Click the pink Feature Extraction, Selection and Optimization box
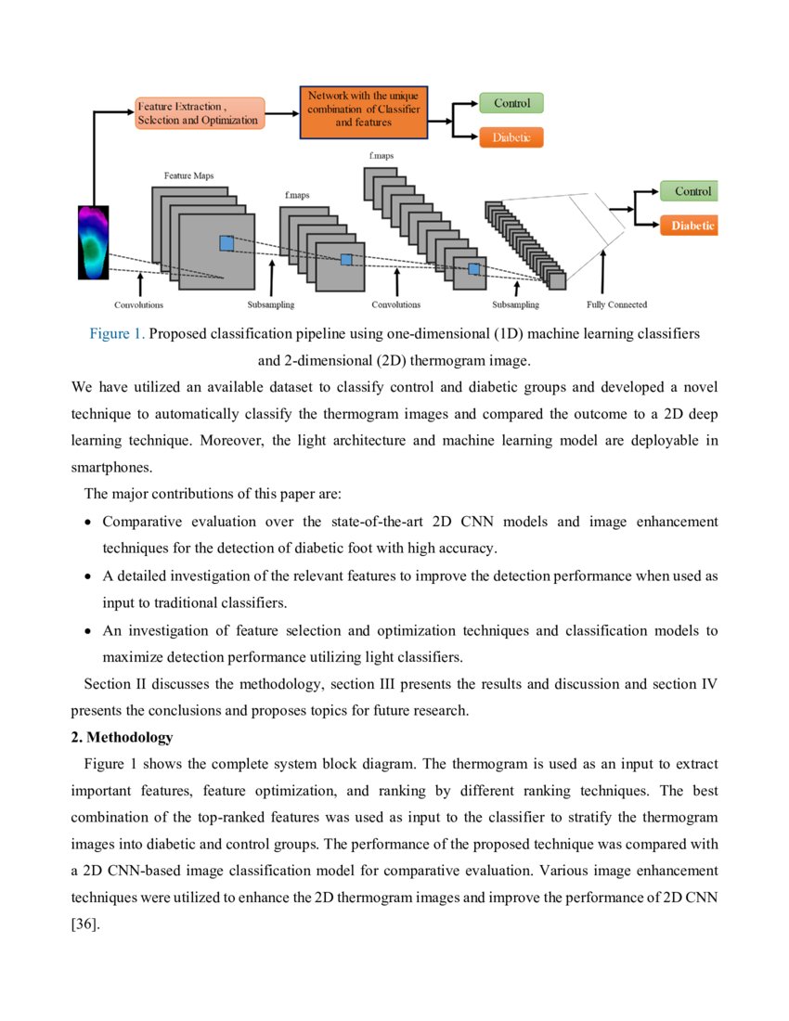(x=200, y=113)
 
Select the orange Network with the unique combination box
(x=363, y=113)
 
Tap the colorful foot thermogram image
(x=93, y=242)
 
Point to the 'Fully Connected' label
(x=616, y=304)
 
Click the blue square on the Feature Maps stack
(x=226, y=243)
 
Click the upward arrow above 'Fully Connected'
(x=604, y=273)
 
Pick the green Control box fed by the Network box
(x=511, y=103)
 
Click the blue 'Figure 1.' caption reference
(x=117, y=333)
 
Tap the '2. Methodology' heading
(x=122, y=738)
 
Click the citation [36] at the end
(x=84, y=925)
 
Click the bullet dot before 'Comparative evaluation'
(x=86, y=523)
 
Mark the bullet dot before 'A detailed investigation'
(x=86, y=576)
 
